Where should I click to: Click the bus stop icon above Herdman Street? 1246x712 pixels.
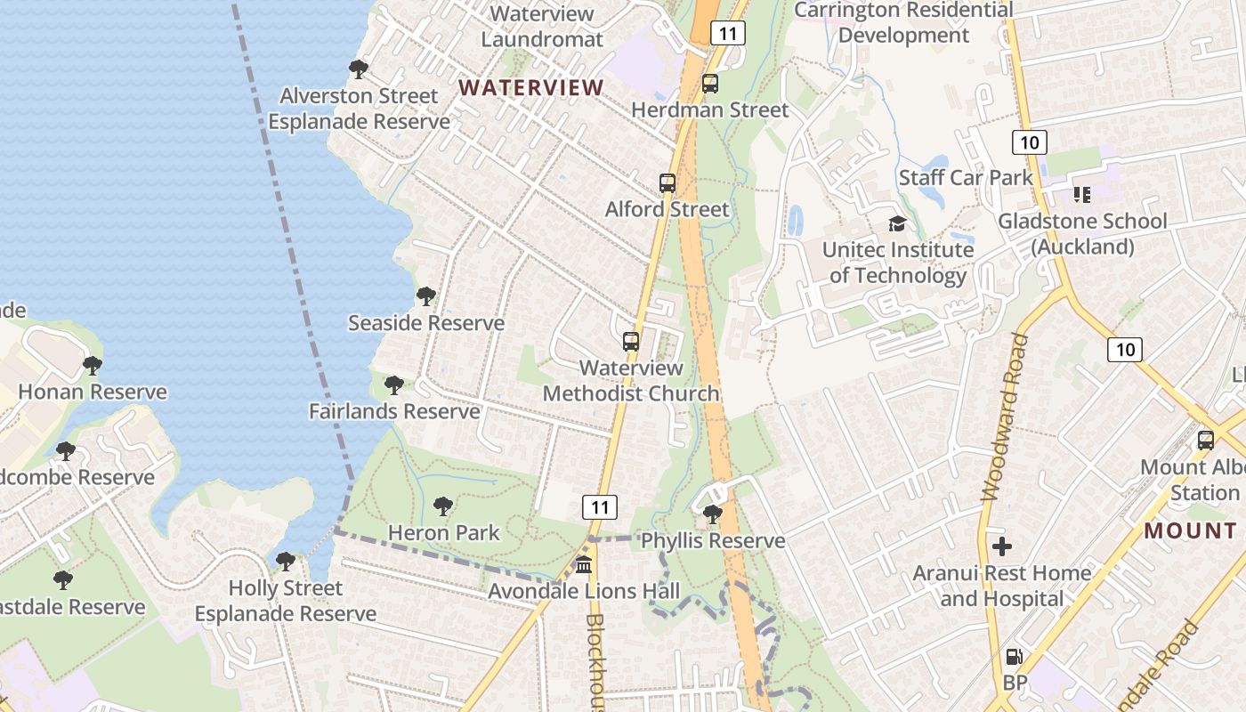click(709, 84)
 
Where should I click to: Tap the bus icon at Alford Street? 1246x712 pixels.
click(667, 183)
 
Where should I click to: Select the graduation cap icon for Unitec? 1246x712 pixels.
click(897, 223)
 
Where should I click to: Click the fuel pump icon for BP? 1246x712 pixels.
click(1014, 658)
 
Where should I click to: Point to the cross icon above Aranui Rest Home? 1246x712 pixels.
click(1002, 546)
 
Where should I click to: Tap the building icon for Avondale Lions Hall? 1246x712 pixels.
click(584, 564)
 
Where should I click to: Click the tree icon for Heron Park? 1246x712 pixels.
click(442, 506)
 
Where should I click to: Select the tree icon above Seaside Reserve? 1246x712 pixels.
click(425, 295)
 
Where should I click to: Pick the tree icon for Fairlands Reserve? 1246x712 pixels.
click(393, 385)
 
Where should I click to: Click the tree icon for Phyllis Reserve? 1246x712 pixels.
click(712, 514)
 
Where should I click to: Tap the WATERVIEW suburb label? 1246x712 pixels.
click(531, 87)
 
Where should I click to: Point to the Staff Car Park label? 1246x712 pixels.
click(966, 177)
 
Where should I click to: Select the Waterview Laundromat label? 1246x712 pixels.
click(542, 27)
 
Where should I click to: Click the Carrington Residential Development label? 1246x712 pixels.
click(903, 23)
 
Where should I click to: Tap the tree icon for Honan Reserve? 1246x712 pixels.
click(92, 365)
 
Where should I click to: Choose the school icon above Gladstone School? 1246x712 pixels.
click(1081, 194)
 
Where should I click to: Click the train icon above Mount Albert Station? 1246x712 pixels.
click(1206, 440)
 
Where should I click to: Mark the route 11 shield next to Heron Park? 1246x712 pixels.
click(600, 507)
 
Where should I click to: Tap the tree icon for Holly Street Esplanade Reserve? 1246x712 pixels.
click(285, 561)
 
